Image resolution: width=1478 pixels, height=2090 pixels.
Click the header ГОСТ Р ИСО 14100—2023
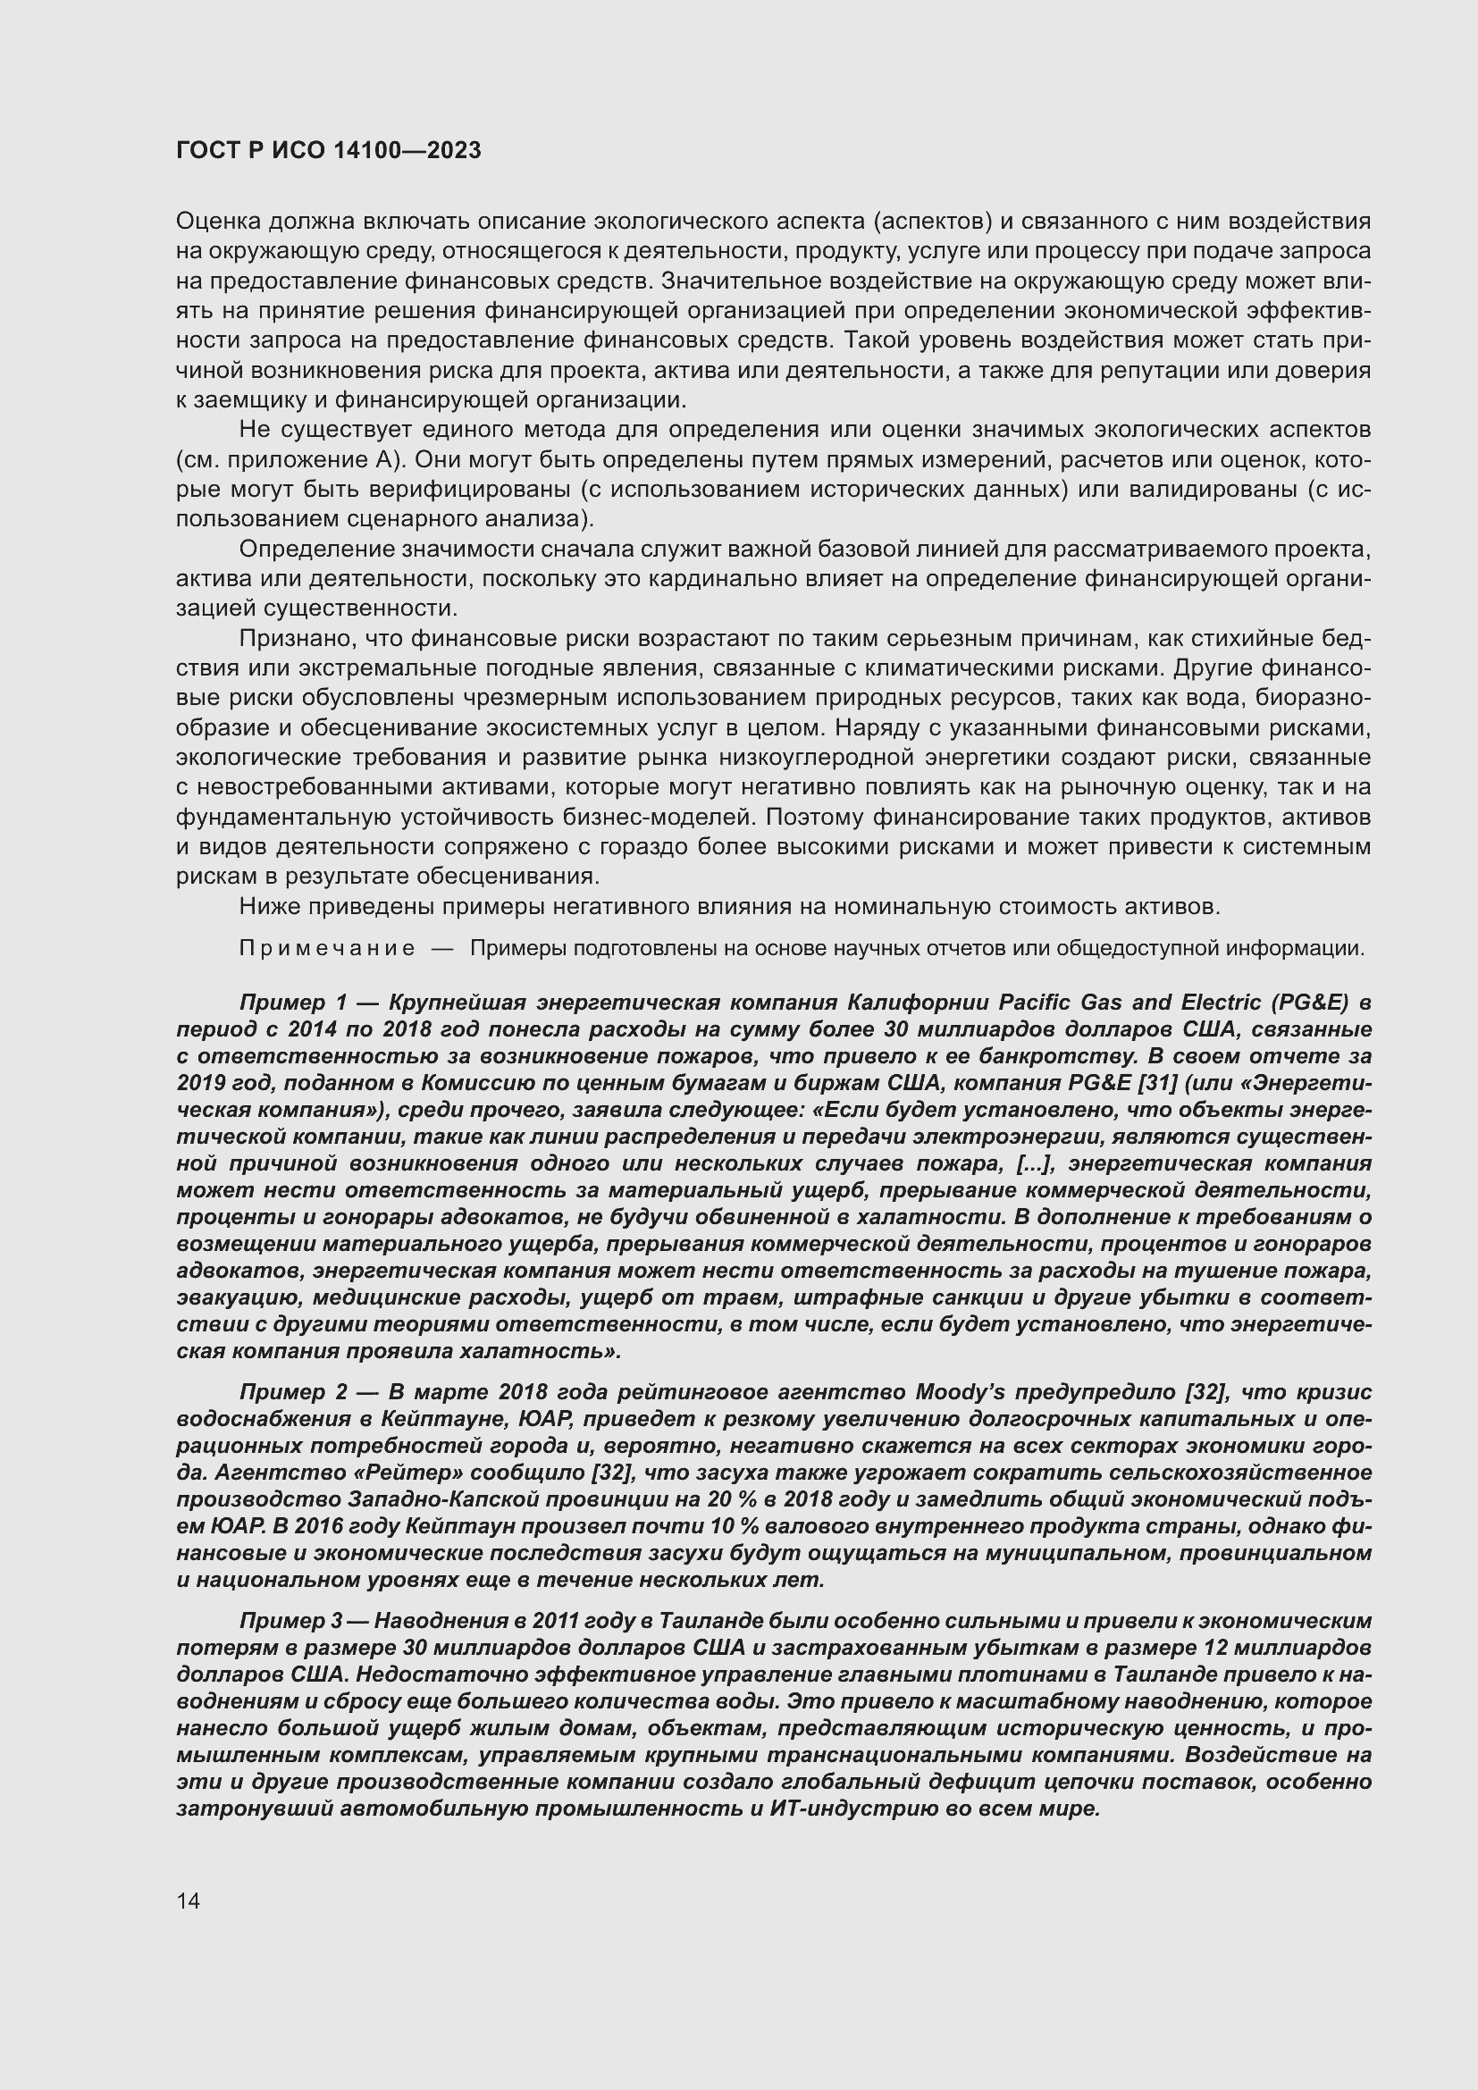click(x=328, y=151)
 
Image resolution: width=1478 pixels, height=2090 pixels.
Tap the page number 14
click(x=189, y=1901)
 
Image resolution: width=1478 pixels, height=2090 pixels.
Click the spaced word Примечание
click(x=327, y=949)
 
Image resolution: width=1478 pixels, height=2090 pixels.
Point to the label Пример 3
click(x=290, y=1621)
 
